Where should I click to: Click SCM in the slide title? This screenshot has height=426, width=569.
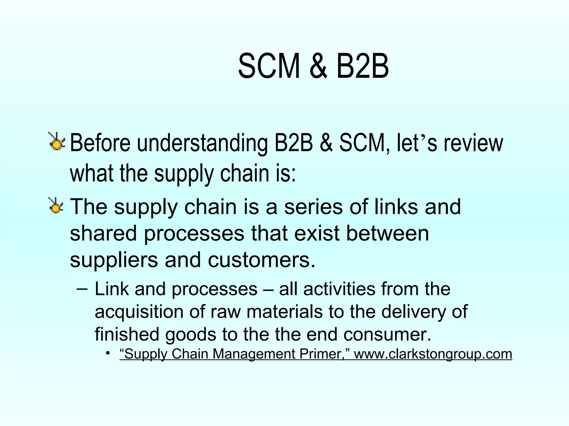[269, 67]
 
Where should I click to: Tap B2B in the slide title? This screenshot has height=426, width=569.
[362, 67]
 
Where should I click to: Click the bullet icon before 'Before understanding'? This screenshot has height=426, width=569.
[57, 142]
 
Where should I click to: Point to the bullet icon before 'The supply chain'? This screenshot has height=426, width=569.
[56, 206]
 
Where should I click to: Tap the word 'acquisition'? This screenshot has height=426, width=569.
[139, 312]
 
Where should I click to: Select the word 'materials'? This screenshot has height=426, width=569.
[284, 312]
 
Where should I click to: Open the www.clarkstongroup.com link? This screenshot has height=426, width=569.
[433, 354]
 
